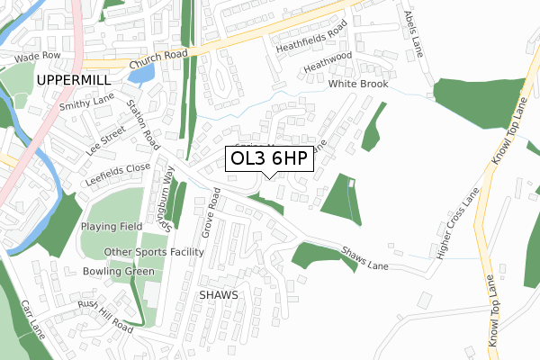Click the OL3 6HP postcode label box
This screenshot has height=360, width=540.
tap(269, 159)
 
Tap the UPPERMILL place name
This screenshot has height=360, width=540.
tap(71, 81)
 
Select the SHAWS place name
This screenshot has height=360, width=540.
tap(218, 294)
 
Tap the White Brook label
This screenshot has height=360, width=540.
tap(357, 84)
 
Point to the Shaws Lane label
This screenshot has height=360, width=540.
tap(365, 257)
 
